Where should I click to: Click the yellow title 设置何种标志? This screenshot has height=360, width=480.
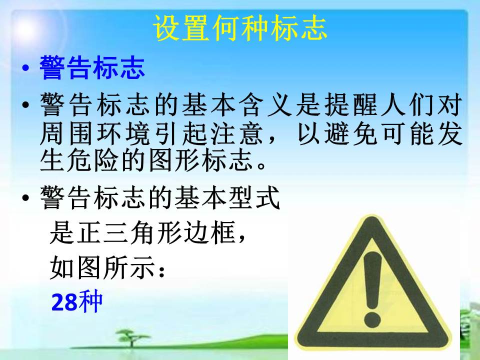pos(240,28)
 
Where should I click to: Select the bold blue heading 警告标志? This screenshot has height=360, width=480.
pos(92,67)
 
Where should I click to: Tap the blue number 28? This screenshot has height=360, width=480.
pos(64,302)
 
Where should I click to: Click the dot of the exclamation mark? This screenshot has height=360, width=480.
pos(372,318)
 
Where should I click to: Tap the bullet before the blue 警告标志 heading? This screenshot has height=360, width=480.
pos(25,68)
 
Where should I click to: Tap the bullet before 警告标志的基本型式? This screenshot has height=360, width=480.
pos(25,197)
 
